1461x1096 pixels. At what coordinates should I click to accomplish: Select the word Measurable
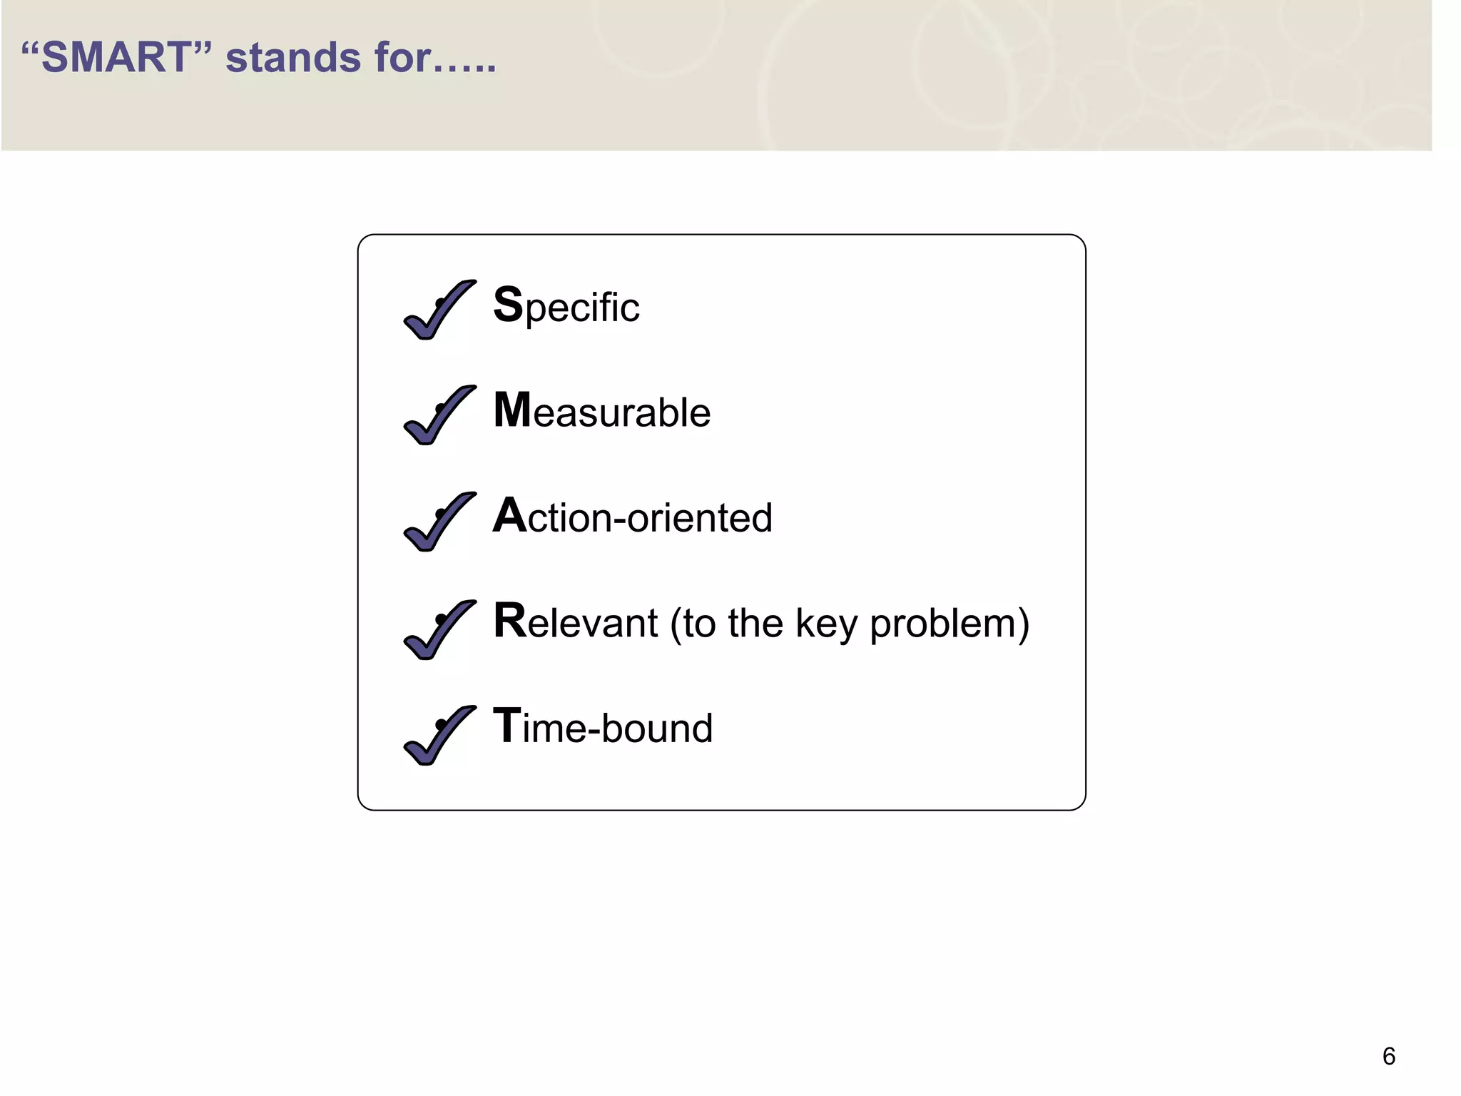coord(602,412)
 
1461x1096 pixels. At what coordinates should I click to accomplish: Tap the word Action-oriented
coord(633,517)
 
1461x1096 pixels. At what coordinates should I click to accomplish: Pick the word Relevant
coord(575,622)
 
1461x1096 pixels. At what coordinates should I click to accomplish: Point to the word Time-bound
coord(603,727)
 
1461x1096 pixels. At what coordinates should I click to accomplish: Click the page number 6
coord(1388,1056)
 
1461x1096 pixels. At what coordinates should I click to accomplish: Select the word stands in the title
coord(293,58)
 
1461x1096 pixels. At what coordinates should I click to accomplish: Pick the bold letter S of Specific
coord(508,305)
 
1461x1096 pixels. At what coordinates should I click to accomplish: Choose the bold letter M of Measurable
coord(512,410)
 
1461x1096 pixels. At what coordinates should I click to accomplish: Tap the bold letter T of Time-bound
coord(507,726)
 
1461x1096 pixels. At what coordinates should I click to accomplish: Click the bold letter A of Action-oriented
coord(509,515)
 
